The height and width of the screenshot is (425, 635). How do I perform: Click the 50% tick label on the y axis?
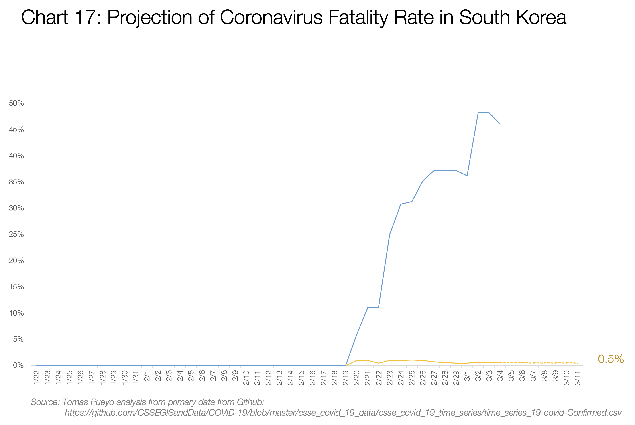point(16,103)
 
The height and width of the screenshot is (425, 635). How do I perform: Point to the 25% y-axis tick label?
point(16,235)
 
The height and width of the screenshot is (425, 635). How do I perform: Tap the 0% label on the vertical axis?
point(18,366)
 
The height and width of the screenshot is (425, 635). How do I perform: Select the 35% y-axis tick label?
point(16,182)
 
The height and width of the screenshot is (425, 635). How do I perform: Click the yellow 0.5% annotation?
point(611,359)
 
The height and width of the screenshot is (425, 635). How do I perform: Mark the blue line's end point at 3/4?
point(500,124)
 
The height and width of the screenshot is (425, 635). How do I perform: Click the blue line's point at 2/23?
point(390,234)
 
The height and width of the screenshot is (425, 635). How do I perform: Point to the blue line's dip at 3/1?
point(467,176)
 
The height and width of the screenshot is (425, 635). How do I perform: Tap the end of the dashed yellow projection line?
point(578,363)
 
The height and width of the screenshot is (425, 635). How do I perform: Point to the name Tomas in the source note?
point(74,402)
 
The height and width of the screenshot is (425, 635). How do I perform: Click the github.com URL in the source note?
point(343,413)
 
